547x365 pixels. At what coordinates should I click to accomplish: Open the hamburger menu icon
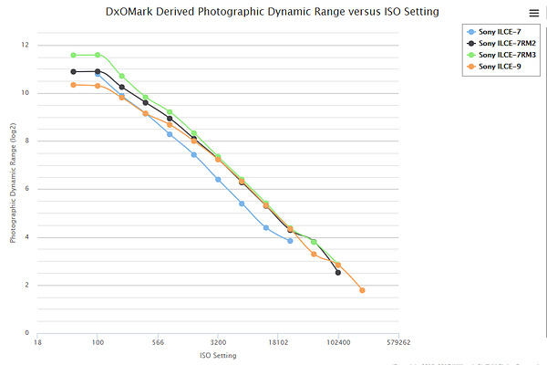coord(533,13)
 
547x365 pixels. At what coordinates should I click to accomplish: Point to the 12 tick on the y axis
coord(25,45)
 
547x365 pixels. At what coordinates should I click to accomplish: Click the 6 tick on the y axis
coord(26,189)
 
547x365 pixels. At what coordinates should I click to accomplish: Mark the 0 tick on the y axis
coord(26,333)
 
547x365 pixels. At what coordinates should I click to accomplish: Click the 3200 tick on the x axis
coord(218,344)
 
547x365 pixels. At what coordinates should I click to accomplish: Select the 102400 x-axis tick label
coord(338,344)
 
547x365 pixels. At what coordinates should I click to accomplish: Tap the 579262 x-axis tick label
coord(398,344)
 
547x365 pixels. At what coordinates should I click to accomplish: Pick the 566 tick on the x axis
coord(158,344)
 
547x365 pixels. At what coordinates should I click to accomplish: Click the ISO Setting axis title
coord(218,355)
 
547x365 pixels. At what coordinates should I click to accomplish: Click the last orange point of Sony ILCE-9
coord(362,290)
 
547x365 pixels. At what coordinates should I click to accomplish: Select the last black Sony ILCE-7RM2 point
coord(338,273)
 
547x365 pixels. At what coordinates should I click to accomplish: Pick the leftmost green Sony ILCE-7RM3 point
coord(74,55)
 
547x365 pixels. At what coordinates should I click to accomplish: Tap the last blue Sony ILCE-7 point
coord(290,241)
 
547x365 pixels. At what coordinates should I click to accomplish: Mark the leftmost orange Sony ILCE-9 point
coord(74,85)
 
